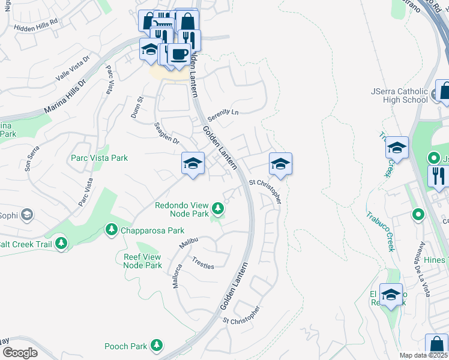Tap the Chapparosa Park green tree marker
pos(111,229)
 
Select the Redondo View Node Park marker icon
pos(218,208)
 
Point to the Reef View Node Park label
pos(139,260)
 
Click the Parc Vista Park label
pos(100,158)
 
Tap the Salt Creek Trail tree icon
pos(61,243)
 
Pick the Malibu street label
pos(189,243)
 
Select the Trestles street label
pos(203,263)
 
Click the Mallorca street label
pos(176,277)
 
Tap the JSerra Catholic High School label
pos(399,95)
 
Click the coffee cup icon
pos(178,55)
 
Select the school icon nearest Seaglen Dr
pos(193,163)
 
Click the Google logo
pos(20,353)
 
